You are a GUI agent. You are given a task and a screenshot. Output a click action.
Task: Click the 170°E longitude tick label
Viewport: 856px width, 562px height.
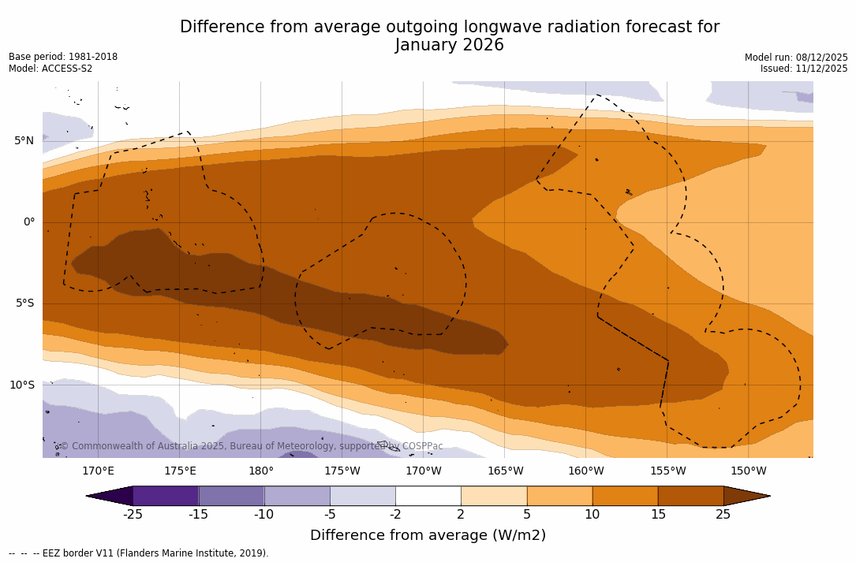[98, 471]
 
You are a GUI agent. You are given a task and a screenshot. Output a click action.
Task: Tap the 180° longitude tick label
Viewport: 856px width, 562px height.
[261, 471]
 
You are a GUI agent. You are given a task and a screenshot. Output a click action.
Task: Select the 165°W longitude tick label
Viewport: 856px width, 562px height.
[505, 471]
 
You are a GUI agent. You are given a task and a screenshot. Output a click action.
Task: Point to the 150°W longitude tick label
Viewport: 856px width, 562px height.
[749, 471]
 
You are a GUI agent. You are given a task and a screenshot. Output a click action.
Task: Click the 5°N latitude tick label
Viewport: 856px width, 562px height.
[24, 141]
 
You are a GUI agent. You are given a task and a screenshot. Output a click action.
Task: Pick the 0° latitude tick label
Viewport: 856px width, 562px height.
[28, 222]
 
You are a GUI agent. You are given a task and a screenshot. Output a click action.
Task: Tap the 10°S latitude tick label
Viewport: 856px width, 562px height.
[21, 385]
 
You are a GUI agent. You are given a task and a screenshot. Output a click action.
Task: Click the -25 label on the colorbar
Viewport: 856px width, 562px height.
[133, 515]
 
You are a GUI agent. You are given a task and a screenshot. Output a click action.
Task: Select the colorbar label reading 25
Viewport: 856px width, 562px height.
[723, 515]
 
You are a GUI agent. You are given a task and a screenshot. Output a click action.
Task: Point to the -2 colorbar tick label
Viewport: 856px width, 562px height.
[395, 515]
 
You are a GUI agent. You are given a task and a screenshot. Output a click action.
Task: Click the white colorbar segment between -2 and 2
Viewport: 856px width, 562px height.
[428, 496]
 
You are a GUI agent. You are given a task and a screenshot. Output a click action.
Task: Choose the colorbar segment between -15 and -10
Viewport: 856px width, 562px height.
[231, 496]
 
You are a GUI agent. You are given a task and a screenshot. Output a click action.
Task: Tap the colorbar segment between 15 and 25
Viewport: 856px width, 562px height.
[690, 496]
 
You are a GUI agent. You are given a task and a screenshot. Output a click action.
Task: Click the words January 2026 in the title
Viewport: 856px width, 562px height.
[449, 46]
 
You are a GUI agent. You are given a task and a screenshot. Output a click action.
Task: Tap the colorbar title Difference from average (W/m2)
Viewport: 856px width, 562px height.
[428, 535]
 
